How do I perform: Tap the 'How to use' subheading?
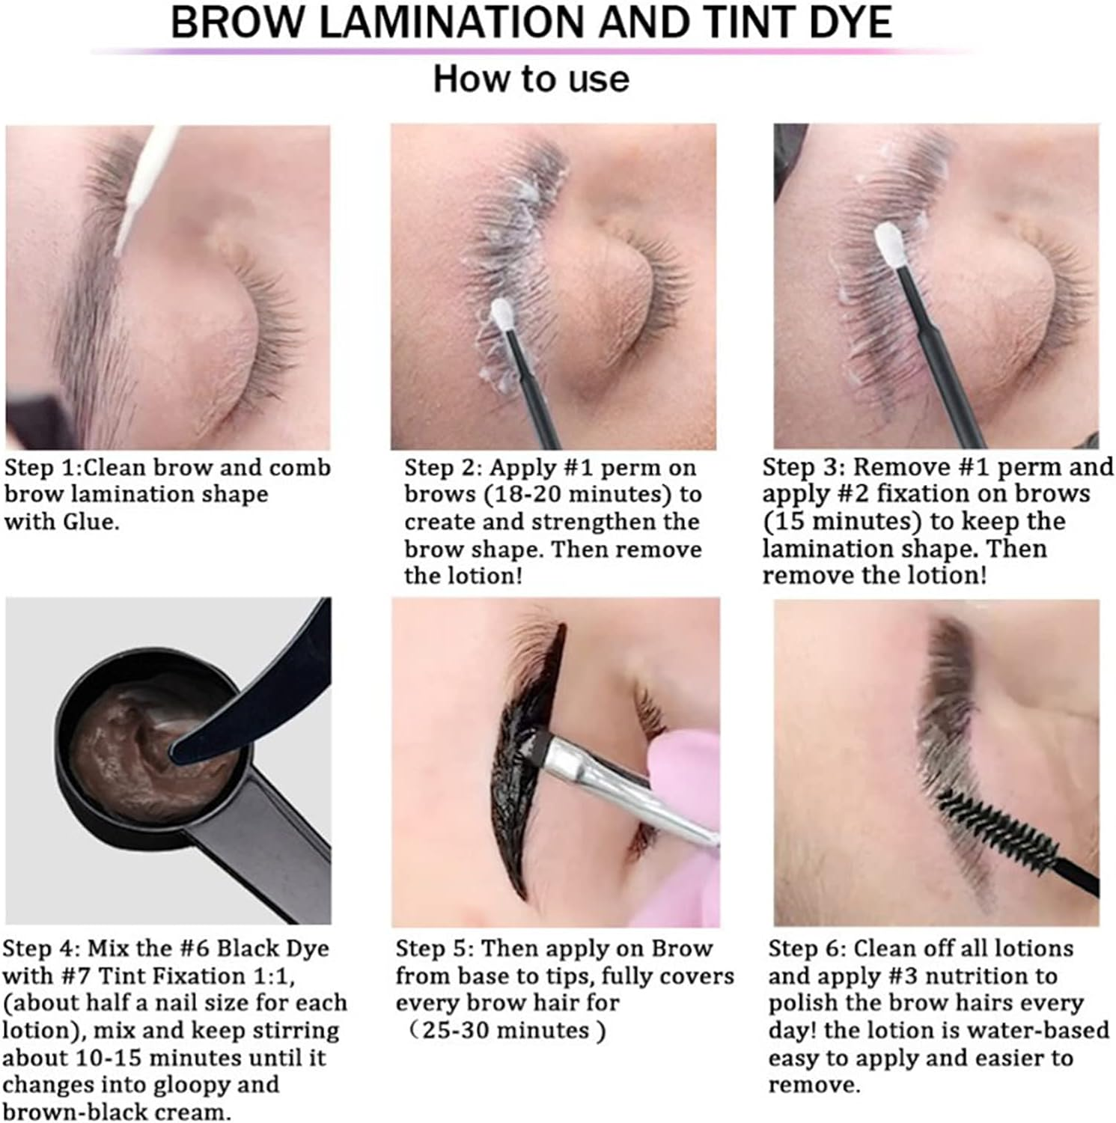click(x=531, y=79)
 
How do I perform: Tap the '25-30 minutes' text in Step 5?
click(x=505, y=1031)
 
